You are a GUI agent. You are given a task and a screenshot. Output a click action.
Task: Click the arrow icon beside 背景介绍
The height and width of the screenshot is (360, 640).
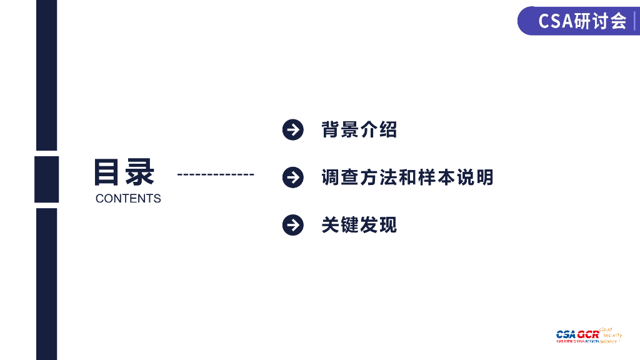coord(292,130)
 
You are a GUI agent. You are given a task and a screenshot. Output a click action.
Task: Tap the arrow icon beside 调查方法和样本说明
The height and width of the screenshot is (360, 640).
coord(292,177)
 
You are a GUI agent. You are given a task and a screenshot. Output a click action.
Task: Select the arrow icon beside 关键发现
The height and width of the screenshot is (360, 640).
coord(292,225)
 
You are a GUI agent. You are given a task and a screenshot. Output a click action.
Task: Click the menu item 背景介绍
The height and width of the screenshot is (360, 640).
coord(359,130)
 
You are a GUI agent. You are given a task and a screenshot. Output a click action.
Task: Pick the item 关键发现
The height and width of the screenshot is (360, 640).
coord(359,225)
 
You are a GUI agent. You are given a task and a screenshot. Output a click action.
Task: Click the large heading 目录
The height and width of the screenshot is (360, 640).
coord(124,172)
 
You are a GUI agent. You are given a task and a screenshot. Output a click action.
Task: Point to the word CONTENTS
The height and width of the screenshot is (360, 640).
coord(128,199)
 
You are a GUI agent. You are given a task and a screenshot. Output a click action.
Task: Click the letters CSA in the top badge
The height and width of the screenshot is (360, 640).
coord(556,21)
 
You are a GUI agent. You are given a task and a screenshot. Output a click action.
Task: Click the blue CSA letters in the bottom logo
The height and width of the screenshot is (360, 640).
coord(566,334)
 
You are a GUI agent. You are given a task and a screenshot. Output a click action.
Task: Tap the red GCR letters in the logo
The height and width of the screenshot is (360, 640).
coord(588,334)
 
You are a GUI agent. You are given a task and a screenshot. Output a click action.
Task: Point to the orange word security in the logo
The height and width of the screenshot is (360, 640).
coord(612,336)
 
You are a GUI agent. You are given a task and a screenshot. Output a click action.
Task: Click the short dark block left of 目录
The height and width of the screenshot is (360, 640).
coord(46,179)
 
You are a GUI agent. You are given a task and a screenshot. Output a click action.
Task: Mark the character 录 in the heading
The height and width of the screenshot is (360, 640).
coord(139,172)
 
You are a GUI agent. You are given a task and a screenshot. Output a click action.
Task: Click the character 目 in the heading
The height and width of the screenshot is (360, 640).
coord(107,172)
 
